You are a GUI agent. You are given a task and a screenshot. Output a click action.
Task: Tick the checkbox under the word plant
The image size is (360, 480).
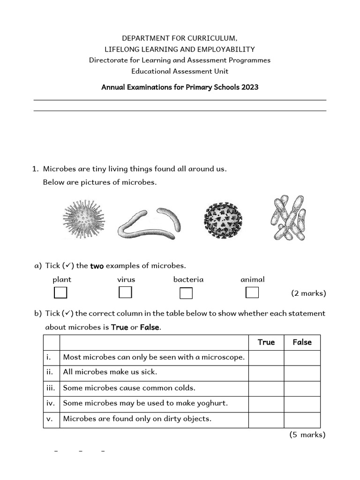coord(60,293)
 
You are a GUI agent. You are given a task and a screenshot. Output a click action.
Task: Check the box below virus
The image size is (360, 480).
coord(125,292)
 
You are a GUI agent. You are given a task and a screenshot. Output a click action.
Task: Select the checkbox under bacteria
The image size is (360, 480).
coord(186,293)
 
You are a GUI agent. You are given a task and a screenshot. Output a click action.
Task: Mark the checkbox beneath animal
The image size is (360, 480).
coord(252,292)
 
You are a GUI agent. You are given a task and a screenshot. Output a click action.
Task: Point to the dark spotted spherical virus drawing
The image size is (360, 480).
coord(223,219)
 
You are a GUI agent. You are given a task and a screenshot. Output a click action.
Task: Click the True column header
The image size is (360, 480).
coord(266,342)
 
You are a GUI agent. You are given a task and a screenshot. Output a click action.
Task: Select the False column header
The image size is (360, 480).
coord(302,342)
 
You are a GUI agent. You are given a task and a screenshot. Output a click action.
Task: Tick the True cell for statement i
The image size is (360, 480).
coord(266,358)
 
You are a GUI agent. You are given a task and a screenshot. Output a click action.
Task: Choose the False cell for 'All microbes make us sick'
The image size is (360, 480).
coord(302,373)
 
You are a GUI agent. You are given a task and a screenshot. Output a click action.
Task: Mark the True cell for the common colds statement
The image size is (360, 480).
coord(266,388)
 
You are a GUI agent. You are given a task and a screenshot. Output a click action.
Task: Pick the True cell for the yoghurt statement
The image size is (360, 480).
coord(266,404)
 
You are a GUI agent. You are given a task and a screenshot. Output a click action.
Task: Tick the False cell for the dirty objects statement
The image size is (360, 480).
coord(302,419)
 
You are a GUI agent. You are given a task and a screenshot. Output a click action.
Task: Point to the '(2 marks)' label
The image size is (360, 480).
coord(308,293)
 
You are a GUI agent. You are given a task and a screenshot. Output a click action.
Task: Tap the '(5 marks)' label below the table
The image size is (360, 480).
coord(307,435)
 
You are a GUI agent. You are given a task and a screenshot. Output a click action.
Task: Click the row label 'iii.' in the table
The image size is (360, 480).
coord(51,388)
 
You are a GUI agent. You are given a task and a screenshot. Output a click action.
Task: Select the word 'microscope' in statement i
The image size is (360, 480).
coord(223,357)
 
